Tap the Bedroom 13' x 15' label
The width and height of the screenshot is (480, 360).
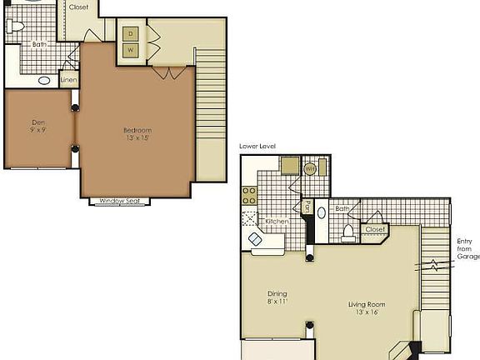137,134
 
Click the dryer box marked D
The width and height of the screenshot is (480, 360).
131,34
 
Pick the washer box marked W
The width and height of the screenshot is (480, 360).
131,50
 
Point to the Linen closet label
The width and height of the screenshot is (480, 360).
69,81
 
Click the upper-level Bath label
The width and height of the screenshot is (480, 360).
38,45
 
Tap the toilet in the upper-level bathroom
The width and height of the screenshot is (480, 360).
15,26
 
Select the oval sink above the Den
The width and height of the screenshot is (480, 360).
44,81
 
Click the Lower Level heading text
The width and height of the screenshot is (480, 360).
257,146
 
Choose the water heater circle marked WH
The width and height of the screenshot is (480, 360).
309,168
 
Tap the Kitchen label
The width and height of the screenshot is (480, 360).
277,222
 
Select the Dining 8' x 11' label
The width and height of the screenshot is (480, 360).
277,297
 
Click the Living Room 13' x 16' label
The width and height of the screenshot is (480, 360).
368,308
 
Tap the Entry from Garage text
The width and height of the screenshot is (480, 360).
466,249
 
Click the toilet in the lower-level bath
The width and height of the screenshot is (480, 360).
349,231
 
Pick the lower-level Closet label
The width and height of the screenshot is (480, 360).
375,228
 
